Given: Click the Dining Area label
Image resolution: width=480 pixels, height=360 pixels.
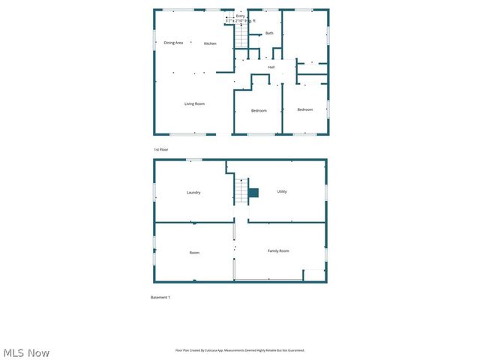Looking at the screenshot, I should pos(173,43).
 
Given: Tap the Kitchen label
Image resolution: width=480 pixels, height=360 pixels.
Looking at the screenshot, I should pos(210,43).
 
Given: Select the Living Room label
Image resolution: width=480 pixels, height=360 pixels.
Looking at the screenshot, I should pos(194,103).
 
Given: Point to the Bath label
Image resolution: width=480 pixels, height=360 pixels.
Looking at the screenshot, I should pos(269,33).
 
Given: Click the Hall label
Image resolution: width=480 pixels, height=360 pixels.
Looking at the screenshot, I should pos(271,67).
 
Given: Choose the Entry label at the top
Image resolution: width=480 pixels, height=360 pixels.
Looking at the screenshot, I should pos(240,16).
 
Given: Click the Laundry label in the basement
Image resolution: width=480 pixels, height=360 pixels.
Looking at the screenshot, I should pos(193,193).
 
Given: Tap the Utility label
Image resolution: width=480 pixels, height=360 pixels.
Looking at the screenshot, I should pos(282,191).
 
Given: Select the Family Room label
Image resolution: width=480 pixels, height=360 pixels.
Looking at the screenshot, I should pos(278,250).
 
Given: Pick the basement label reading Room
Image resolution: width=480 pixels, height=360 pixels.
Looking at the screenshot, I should pos(194,253).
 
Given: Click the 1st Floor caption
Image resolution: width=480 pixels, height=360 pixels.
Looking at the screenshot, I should pos(161,149).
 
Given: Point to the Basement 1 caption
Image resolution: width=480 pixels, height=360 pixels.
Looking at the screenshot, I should pos(160,298).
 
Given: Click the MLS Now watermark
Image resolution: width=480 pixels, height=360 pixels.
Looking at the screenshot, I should pos(26,352).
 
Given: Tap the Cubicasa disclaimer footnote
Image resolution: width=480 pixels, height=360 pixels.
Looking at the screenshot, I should pos(240,350).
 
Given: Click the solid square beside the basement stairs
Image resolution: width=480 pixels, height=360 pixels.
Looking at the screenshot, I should pos(253,193).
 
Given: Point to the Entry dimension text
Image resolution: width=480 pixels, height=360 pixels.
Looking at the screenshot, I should pos(241,21).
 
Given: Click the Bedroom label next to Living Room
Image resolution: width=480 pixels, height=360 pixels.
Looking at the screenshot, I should pos(259,111).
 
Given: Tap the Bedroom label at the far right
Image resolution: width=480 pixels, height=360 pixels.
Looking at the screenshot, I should pos(304,110).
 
